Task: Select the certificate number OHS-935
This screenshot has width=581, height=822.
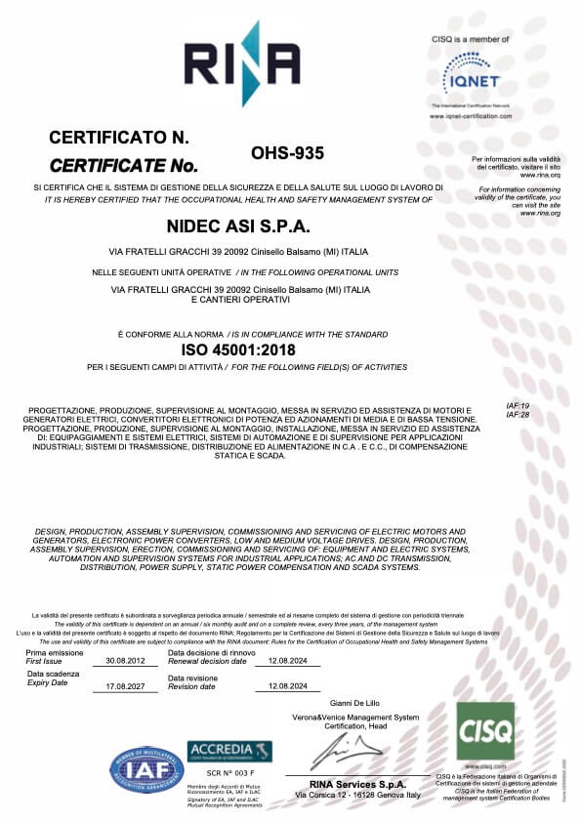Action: [x=287, y=152]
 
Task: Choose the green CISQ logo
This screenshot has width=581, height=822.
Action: [x=484, y=730]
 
